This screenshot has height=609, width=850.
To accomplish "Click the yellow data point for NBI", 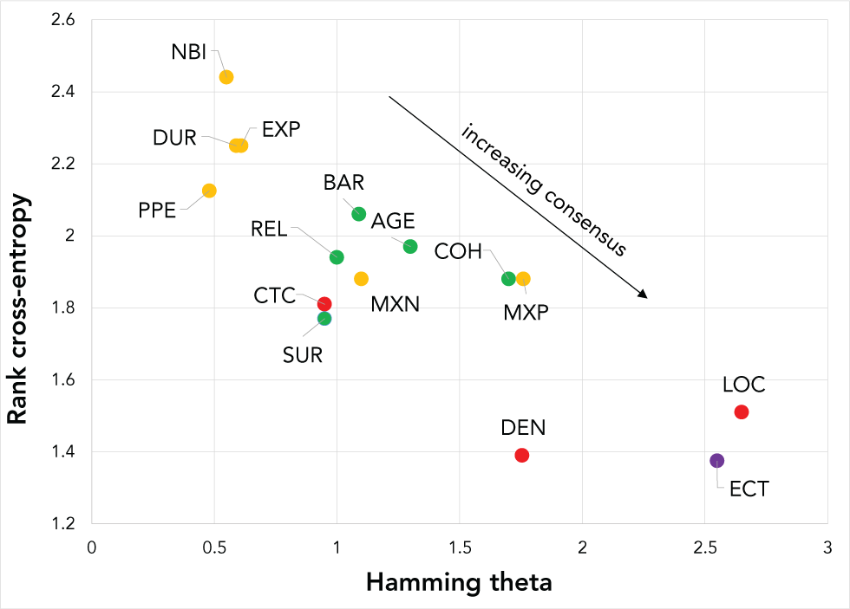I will click(x=226, y=77).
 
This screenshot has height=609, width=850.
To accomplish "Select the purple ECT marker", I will click(x=717, y=460).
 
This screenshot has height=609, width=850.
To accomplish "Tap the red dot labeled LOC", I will click(x=742, y=411).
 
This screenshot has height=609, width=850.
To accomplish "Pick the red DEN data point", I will click(x=521, y=455).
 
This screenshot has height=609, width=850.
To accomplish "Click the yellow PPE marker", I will click(x=209, y=191).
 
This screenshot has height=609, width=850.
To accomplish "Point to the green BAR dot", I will click(x=359, y=214).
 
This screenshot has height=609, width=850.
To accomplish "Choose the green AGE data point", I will click(x=410, y=247).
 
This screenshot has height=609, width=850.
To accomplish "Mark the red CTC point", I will click(x=324, y=304).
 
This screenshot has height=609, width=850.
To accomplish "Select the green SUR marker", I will click(x=324, y=319).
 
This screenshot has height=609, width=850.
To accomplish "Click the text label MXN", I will click(x=395, y=305).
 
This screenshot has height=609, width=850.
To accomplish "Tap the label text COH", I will click(x=458, y=251).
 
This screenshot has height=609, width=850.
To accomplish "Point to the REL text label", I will click(x=269, y=229).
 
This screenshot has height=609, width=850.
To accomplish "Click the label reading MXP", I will click(x=526, y=313).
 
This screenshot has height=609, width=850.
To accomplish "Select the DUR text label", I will click(x=174, y=138).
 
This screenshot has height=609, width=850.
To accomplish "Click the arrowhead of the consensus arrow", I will click(x=644, y=295).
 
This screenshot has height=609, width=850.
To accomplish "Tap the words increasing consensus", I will click(x=544, y=190).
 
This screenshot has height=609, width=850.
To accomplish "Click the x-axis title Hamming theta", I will click(x=459, y=582).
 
